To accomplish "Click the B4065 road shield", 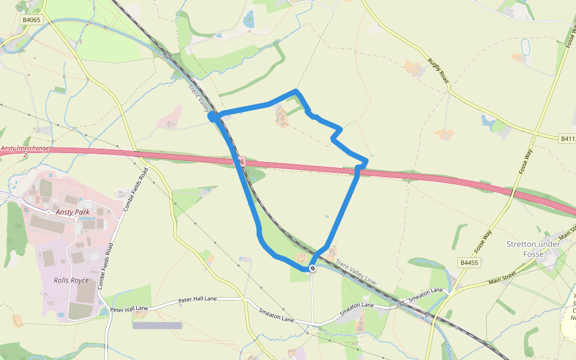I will [x=31, y=20].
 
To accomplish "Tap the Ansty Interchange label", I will [x=24, y=148].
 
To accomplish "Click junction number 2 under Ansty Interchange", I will [x=25, y=155].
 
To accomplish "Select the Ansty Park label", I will [x=71, y=212].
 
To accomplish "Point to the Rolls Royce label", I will [x=71, y=280].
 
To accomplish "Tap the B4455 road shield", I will [x=470, y=263].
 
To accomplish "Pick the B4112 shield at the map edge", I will [x=568, y=138].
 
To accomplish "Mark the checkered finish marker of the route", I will [x=313, y=268].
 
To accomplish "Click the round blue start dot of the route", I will [x=212, y=116].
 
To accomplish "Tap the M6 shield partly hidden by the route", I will [x=241, y=161].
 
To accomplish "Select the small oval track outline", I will [x=526, y=47].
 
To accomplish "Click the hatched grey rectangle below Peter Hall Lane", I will [x=157, y=325].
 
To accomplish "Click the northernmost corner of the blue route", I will [x=296, y=91].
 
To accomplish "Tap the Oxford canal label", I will [x=449, y=350].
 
